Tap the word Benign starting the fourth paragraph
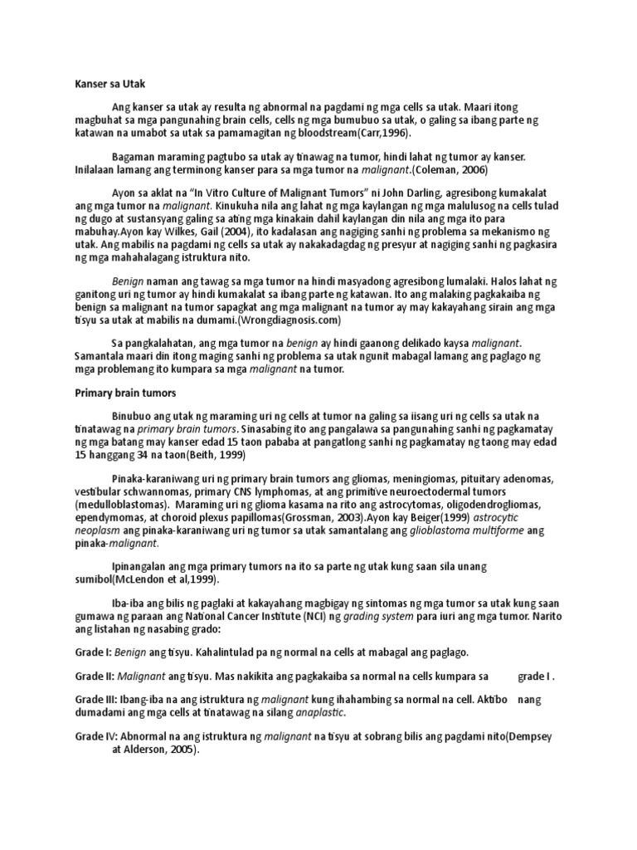[128, 282]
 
